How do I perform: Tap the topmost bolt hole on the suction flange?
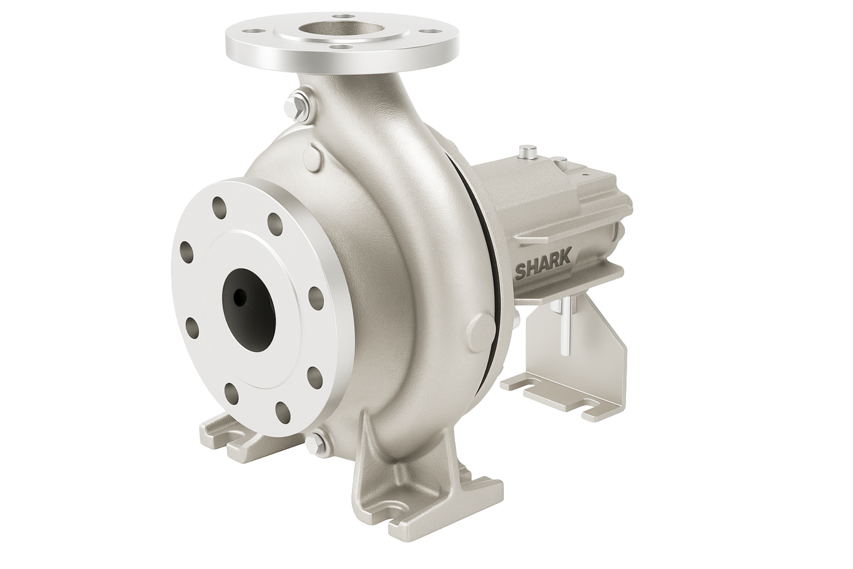pyautogui.click(x=219, y=204)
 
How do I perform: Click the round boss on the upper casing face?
pyautogui.click(x=316, y=152)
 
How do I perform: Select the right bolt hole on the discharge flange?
pyautogui.click(x=428, y=32)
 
